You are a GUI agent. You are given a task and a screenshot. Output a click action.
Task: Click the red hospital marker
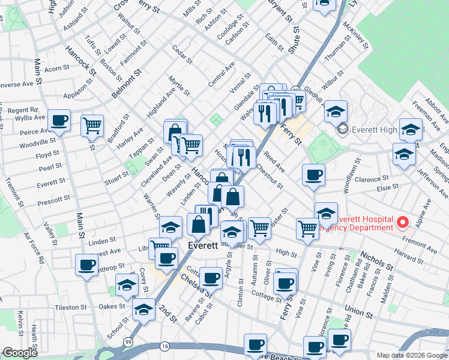pos(402,223)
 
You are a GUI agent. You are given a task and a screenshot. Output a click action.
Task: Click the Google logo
pos(19,352)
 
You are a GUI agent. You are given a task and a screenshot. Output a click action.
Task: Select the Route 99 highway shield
pos(128,341)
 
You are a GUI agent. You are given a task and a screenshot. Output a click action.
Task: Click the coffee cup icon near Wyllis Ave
pos(59,120)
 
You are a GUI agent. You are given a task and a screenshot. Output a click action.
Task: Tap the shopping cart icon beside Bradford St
pos(92,125)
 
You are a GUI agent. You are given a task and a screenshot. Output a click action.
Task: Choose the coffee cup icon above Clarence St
pos(313,175)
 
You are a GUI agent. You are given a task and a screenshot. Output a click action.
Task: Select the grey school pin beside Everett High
pos(342,128)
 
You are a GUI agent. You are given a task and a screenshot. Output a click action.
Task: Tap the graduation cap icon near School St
pos(143,310)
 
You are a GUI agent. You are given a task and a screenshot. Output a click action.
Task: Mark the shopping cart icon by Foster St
pos(259,227)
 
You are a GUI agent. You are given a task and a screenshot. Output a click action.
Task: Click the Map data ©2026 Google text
pos(411,355)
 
